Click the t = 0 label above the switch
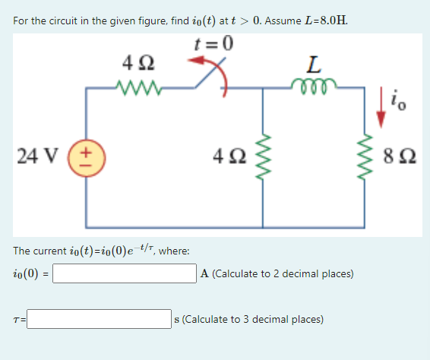[214, 43]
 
